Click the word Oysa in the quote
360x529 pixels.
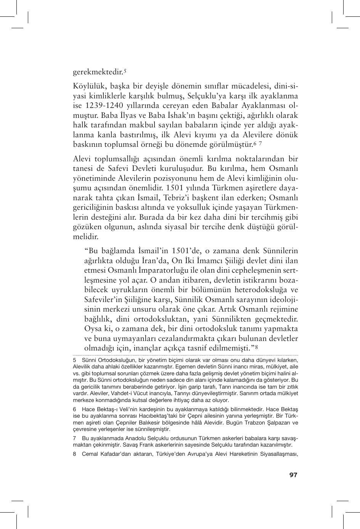(x=93, y=329)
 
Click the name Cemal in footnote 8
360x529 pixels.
(x=89, y=454)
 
